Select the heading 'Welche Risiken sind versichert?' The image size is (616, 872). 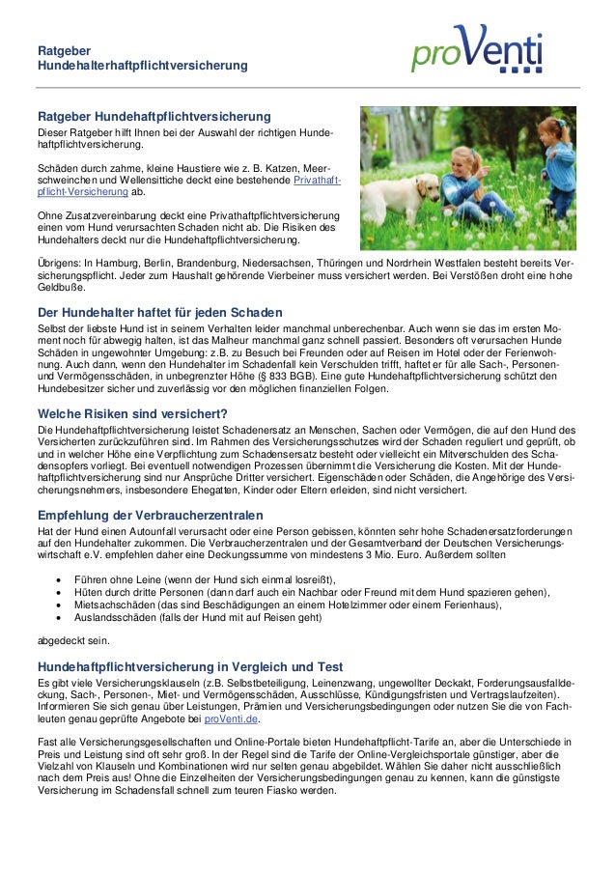pyautogui.click(x=131, y=415)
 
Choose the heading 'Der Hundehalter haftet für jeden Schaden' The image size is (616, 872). pyautogui.click(x=159, y=313)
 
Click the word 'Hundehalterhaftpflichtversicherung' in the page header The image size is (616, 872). pyautogui.click(x=142, y=65)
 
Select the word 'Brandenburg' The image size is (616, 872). pyautogui.click(x=212, y=262)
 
